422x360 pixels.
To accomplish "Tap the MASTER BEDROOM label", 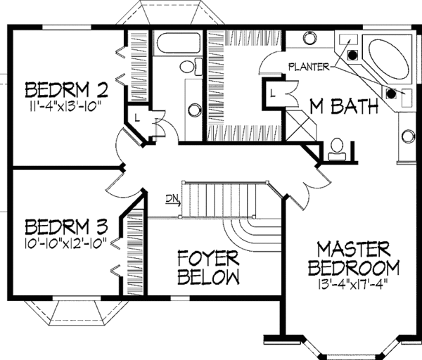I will [353, 259].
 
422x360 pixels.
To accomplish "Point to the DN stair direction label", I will [172, 198].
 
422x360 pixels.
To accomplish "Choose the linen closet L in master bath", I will [271, 91].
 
